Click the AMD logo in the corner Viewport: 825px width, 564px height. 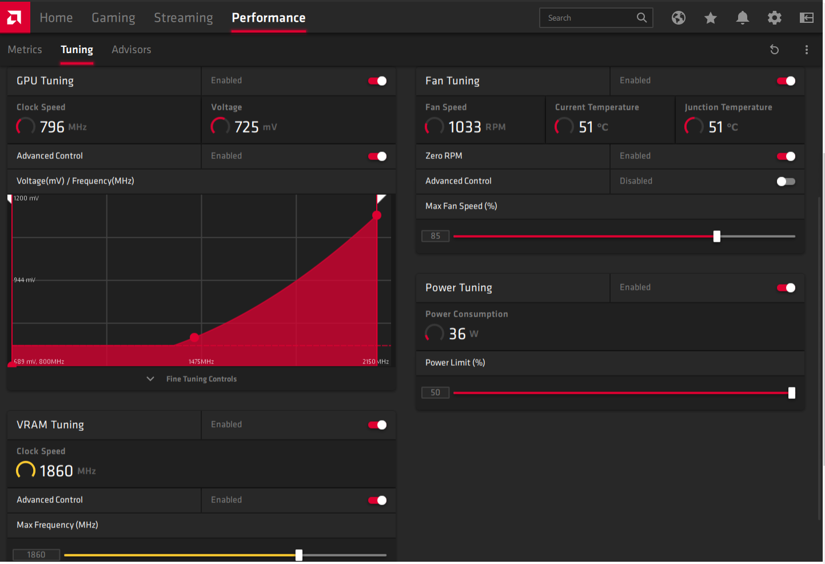click(x=15, y=17)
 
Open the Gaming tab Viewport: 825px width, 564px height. click(x=113, y=18)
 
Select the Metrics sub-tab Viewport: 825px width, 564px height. click(x=25, y=49)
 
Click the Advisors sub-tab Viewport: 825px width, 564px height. click(x=131, y=49)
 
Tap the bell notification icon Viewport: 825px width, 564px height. click(x=742, y=18)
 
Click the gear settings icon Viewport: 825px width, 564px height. click(x=774, y=18)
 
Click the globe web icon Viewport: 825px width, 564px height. click(x=678, y=18)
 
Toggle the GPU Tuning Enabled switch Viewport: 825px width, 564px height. click(x=377, y=81)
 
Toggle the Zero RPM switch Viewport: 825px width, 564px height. click(x=786, y=156)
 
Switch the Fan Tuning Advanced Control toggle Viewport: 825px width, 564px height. click(x=786, y=181)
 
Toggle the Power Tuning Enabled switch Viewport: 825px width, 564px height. click(x=786, y=287)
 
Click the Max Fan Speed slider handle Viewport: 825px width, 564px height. click(x=716, y=236)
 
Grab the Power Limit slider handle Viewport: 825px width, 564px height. click(x=791, y=393)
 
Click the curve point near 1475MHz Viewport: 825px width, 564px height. click(x=194, y=337)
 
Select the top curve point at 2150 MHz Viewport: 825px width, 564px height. click(x=376, y=215)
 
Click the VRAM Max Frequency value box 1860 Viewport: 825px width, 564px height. click(x=36, y=554)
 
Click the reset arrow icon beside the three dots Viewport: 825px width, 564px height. click(x=774, y=49)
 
